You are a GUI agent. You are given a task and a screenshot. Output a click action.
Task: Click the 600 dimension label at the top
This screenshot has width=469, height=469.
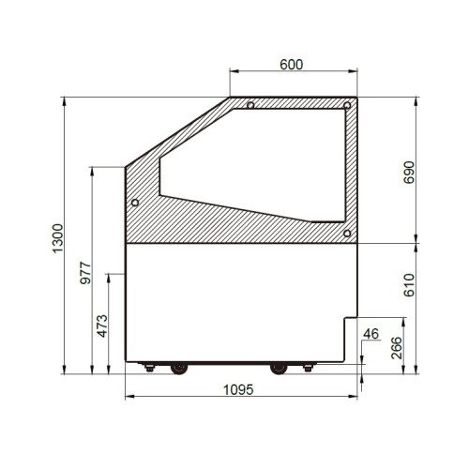pyautogui.click(x=292, y=65)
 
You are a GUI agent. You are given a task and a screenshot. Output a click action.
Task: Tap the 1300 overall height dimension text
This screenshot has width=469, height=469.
pyautogui.click(x=58, y=238)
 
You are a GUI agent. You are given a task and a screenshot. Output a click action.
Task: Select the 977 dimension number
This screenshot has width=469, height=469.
pyautogui.click(x=85, y=273)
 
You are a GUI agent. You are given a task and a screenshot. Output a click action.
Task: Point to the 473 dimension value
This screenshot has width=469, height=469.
pyautogui.click(x=102, y=326)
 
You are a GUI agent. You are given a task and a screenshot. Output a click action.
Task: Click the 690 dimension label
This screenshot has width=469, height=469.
pyautogui.click(x=409, y=173)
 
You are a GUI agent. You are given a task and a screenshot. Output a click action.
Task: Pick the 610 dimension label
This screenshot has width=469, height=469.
pyautogui.click(x=409, y=285)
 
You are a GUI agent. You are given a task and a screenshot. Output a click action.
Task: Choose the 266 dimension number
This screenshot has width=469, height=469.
pyautogui.click(x=397, y=348)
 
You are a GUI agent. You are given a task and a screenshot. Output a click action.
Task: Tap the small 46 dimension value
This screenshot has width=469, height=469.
pyautogui.click(x=371, y=334)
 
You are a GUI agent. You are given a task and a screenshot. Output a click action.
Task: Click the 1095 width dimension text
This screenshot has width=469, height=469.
pyautogui.click(x=238, y=390)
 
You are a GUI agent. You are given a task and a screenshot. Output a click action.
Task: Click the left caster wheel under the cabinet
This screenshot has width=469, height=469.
pyautogui.click(x=179, y=369)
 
